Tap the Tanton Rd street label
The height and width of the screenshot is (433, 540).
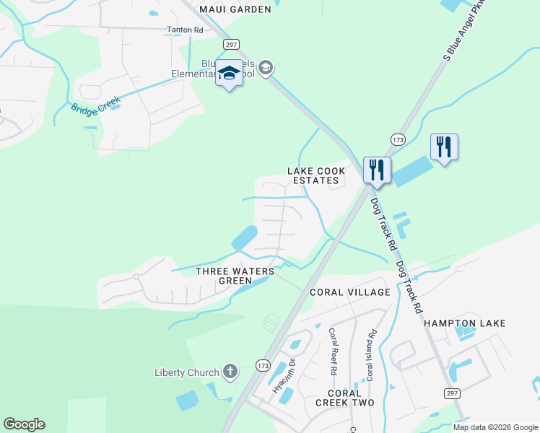tap(186, 30)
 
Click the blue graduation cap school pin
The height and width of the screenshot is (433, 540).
tap(230, 74)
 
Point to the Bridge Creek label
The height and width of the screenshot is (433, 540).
tap(95, 104)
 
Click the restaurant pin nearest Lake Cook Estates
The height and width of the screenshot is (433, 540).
tap(377, 170)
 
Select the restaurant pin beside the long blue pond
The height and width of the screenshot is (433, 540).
tap(444, 146)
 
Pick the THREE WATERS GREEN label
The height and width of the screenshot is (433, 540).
tap(235, 276)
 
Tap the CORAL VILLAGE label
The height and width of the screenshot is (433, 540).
tap(349, 292)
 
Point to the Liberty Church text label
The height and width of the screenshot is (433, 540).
tap(186, 372)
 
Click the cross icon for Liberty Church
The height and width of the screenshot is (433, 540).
tap(230, 372)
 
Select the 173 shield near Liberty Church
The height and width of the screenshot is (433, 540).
tap(262, 366)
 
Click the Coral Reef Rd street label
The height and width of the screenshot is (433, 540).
tap(334, 351)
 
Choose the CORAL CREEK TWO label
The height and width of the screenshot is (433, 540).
tap(345, 397)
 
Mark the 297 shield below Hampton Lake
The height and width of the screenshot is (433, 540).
tap(452, 393)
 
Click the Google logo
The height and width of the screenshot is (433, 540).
tap(24, 424)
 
